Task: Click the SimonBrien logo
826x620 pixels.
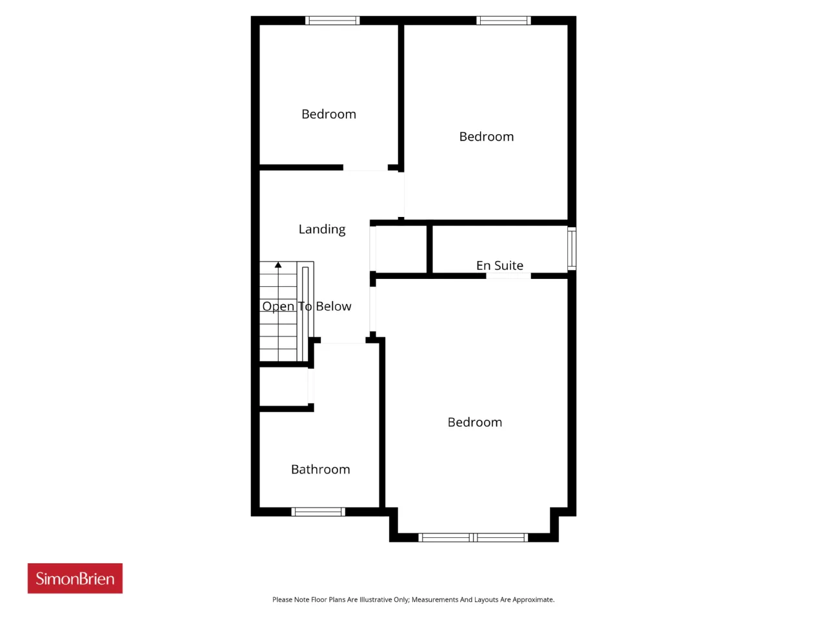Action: [75, 578]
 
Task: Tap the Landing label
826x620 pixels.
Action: [322, 229]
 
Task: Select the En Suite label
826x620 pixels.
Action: [499, 265]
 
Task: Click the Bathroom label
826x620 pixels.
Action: [320, 469]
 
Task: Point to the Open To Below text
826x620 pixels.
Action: [307, 306]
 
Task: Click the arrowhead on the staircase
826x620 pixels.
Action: [278, 265]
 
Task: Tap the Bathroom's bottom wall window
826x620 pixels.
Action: [318, 512]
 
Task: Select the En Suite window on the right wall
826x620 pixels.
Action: [572, 249]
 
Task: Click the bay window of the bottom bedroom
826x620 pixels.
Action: [473, 537]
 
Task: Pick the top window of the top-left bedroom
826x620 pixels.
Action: [332, 20]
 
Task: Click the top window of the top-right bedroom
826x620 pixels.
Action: [503, 20]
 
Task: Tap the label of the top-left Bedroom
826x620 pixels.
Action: [328, 114]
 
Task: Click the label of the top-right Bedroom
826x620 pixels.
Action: [486, 136]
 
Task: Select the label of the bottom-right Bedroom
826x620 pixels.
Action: [474, 422]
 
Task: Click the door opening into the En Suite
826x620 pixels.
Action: [509, 276]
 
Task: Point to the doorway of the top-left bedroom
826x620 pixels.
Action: [365, 168]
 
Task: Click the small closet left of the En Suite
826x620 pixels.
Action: [401, 249]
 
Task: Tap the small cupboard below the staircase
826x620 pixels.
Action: [284, 387]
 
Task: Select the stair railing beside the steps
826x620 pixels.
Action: [305, 311]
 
